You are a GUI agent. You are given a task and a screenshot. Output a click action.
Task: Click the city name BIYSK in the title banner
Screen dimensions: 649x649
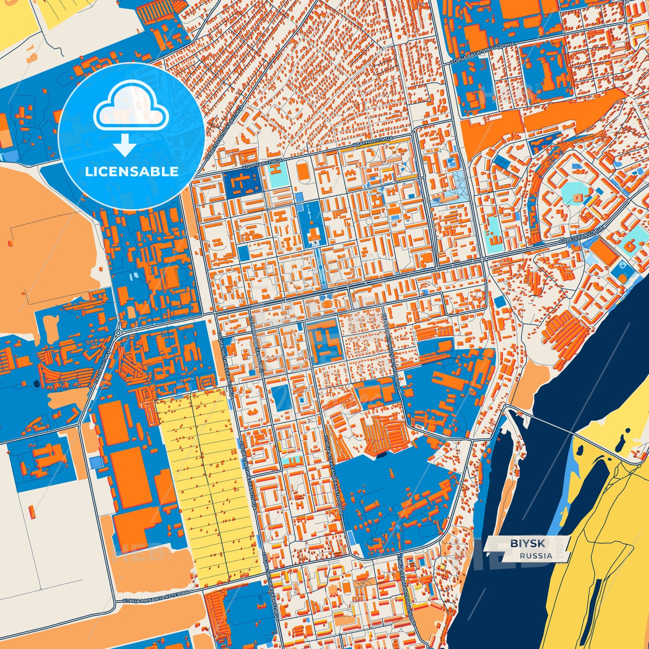[x=527, y=543]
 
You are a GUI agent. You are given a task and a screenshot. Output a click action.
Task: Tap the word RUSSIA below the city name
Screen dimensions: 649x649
[x=536, y=556]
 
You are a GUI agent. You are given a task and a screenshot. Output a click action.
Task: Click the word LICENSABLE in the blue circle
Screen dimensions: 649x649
[x=131, y=171]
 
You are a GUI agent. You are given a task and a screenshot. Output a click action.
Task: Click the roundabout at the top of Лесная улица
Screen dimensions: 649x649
[x=118, y=333]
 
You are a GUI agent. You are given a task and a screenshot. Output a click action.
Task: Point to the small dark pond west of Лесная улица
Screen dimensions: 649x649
[x=35, y=384]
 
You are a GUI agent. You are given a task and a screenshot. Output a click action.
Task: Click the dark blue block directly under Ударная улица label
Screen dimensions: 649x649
[x=243, y=183]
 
